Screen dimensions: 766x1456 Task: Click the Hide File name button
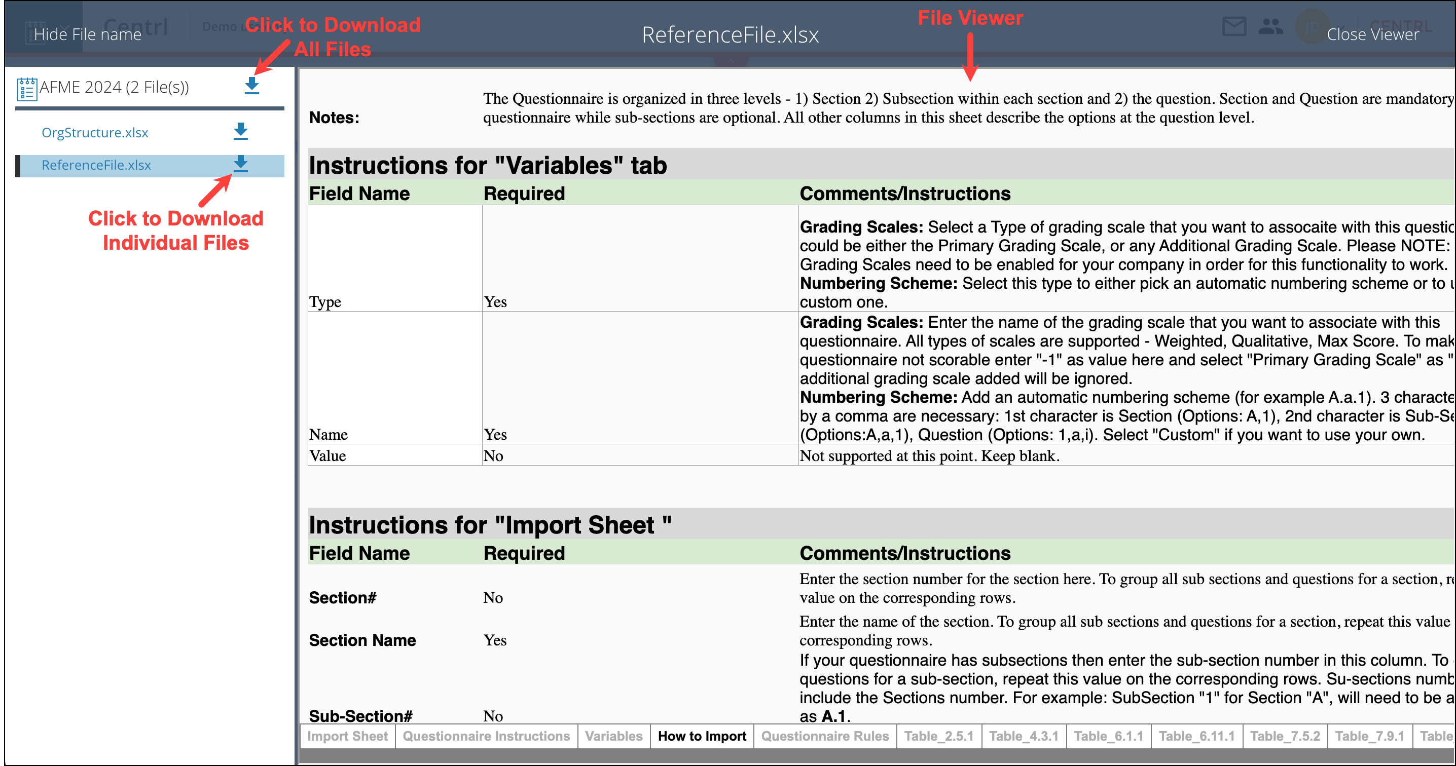click(87, 34)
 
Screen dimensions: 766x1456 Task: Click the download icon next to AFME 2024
click(251, 86)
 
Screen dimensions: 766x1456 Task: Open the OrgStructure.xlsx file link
click(94, 133)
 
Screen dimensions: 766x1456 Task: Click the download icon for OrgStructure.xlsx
click(241, 132)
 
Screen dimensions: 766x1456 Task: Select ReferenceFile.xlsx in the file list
click(96, 165)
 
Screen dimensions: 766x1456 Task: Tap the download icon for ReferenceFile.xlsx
click(241, 164)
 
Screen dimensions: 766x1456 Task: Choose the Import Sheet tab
click(347, 736)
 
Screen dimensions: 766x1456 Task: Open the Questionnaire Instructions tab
click(486, 736)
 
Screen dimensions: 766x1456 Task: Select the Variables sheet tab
click(614, 736)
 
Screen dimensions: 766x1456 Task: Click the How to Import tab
click(702, 736)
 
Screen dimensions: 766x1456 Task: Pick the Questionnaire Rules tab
click(825, 736)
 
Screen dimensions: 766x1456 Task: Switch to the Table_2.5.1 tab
click(939, 736)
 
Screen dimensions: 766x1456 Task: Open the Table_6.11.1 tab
click(1196, 736)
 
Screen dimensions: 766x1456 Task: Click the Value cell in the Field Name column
click(327, 456)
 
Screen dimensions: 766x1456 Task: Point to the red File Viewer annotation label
click(970, 18)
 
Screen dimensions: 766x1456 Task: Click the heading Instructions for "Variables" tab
click(488, 166)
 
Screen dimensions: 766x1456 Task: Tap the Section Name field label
click(362, 640)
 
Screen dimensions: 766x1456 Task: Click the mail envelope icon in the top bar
click(1234, 26)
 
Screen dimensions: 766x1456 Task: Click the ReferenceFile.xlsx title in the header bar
click(730, 35)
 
